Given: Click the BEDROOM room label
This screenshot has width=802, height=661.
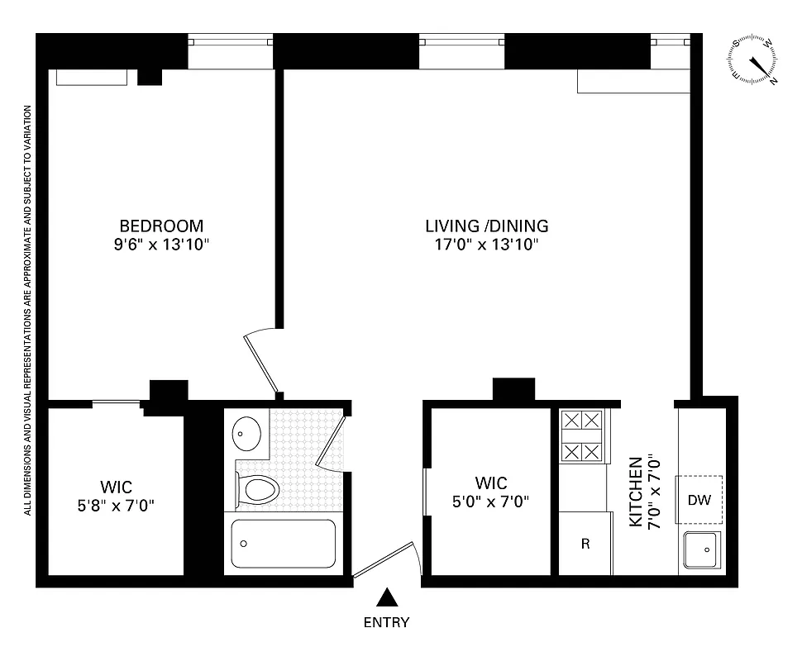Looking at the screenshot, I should pyautogui.click(x=161, y=226).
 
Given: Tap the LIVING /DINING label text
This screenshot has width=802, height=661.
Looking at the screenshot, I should pyautogui.click(x=486, y=226).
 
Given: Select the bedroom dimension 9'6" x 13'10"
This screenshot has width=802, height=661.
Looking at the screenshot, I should pyautogui.click(x=161, y=245).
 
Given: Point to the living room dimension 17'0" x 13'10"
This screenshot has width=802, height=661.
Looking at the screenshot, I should pyautogui.click(x=486, y=245).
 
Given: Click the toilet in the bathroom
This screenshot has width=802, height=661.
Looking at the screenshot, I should pyautogui.click(x=257, y=488).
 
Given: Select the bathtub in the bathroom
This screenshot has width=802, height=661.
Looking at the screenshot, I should pyautogui.click(x=283, y=543).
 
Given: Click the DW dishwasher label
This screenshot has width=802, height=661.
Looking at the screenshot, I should pyautogui.click(x=699, y=501).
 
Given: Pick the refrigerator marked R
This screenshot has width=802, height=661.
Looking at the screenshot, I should pyautogui.click(x=585, y=544).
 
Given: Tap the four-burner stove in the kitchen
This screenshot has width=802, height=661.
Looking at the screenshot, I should pyautogui.click(x=581, y=435).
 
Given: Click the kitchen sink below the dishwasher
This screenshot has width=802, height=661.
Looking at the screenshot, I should pyautogui.click(x=702, y=548).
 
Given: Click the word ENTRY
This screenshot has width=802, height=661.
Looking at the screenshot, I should pyautogui.click(x=386, y=623).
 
